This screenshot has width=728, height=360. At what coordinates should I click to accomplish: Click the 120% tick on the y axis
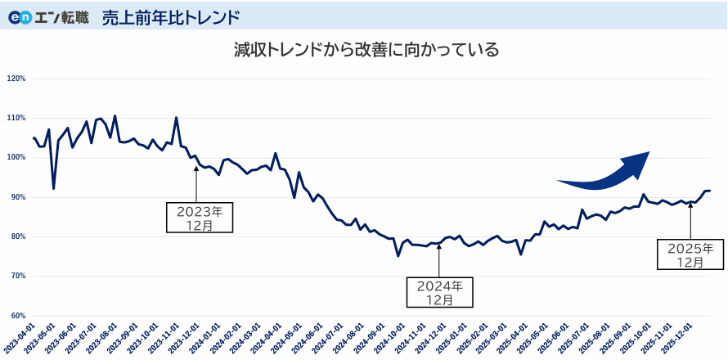click(16, 79)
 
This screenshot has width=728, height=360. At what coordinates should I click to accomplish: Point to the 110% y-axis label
click(16, 119)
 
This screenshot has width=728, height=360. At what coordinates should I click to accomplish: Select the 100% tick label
click(16, 158)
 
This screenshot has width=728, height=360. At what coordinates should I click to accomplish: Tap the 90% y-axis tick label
click(17, 197)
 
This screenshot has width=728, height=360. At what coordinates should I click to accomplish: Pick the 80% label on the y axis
click(17, 236)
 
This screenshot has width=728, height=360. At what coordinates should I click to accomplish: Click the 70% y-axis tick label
click(17, 276)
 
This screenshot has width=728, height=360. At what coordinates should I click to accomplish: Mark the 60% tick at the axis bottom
click(17, 316)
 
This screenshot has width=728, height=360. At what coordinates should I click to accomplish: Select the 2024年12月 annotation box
click(440, 293)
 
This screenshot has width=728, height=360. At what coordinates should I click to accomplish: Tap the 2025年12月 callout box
click(691, 254)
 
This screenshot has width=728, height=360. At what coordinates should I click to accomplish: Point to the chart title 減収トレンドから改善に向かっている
click(366, 51)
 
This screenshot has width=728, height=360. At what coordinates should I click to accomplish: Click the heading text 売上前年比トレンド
click(171, 17)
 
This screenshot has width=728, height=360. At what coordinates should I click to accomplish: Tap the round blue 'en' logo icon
click(20, 17)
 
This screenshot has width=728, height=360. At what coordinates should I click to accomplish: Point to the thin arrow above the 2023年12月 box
click(195, 183)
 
